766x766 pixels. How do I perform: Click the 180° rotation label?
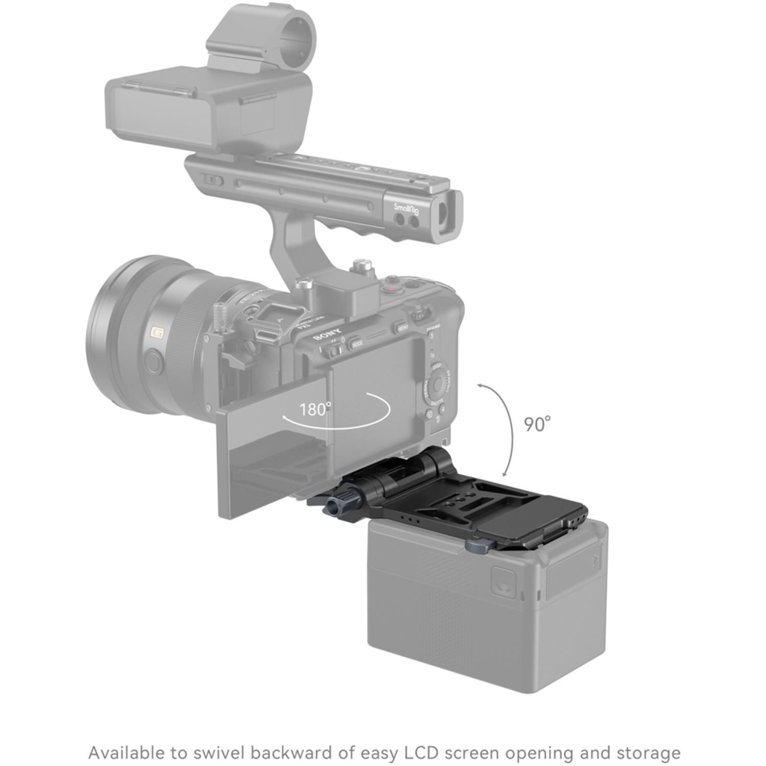[x=315, y=409]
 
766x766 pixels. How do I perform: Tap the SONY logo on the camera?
[x=327, y=334]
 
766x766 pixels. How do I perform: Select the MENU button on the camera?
[x=401, y=327]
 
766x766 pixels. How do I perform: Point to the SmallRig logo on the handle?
[x=406, y=209]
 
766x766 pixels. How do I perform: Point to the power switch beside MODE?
[x=337, y=350]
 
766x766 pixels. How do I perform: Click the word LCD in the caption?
[x=422, y=753]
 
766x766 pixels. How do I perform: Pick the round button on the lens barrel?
[x=153, y=361]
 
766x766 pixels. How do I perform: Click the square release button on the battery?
[x=503, y=583]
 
